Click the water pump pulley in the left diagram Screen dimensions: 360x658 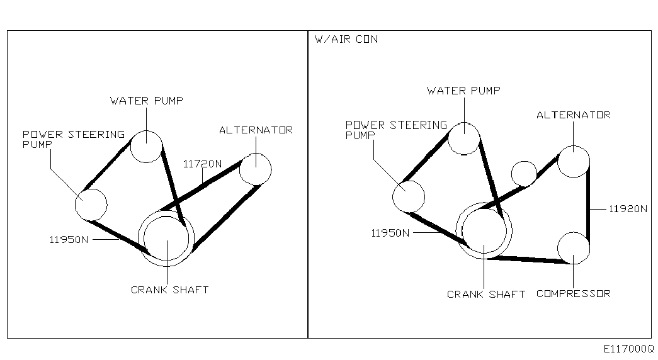(x=146, y=147)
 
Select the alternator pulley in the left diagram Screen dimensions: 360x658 (x=256, y=169)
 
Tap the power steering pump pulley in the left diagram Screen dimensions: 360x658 (x=91, y=204)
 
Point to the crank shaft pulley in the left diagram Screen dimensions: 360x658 (x=167, y=239)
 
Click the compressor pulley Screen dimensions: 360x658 (x=574, y=247)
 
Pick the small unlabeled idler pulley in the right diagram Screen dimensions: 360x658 (x=524, y=173)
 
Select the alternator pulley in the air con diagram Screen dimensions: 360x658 (x=574, y=161)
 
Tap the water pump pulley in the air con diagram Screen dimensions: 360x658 (x=464, y=138)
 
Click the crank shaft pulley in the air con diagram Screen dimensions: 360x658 (x=484, y=231)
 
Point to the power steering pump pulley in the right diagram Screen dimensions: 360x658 (x=409, y=196)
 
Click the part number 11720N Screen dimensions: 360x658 (x=203, y=164)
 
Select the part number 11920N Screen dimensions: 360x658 (x=628, y=209)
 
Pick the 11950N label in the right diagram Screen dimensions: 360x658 (x=390, y=233)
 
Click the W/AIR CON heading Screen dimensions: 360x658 (x=346, y=39)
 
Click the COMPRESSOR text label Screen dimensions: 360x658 (x=573, y=294)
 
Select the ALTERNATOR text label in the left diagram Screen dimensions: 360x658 (x=256, y=130)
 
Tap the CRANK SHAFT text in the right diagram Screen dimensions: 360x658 (x=485, y=295)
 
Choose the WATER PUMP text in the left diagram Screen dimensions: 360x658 (x=147, y=101)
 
